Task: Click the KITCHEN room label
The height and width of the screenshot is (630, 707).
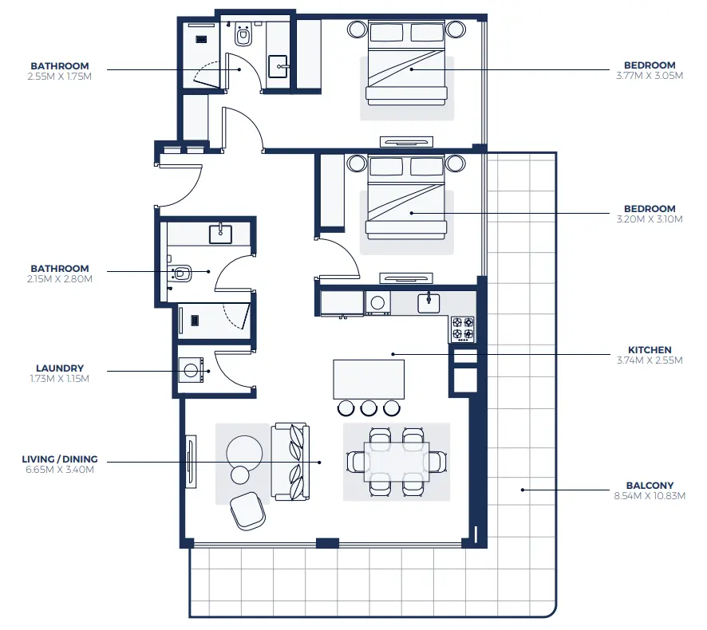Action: point(649,349)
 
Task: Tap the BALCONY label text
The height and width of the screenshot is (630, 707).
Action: point(649,485)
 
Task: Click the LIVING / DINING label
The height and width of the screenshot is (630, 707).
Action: point(61,459)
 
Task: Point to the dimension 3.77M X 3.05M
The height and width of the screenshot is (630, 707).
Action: point(649,76)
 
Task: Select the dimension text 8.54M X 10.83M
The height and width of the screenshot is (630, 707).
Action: point(649,495)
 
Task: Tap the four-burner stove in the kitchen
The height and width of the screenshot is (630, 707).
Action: point(462,328)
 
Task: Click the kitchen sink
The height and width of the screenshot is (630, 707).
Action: point(429,301)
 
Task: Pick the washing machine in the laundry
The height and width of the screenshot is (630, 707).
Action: point(191,370)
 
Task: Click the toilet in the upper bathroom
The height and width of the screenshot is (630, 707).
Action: point(243,36)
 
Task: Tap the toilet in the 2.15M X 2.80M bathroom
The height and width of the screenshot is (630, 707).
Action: point(181,274)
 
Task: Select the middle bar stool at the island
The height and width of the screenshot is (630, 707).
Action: point(368,408)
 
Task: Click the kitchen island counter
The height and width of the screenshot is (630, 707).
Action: point(369,379)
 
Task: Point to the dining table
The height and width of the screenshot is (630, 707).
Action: point(397,462)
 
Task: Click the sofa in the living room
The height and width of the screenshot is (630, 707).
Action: point(289,462)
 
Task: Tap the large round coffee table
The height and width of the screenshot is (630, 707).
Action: point(243,451)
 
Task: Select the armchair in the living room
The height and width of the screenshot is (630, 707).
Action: point(248,510)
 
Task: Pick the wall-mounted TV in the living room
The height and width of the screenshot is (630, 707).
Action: point(191,462)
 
